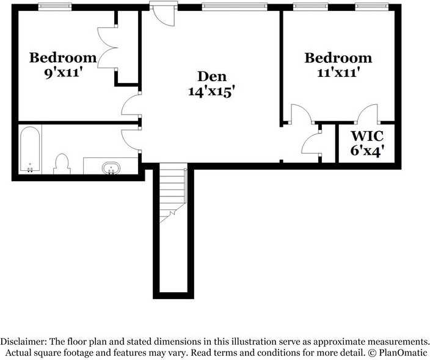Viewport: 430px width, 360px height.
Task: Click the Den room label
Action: tap(212, 76)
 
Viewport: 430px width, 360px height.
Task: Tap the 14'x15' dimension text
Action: tap(212, 92)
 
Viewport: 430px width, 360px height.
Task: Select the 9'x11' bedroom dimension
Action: tap(64, 73)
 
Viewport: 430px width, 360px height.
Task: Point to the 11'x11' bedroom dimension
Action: tap(338, 73)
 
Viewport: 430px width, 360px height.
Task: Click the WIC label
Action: tap(367, 136)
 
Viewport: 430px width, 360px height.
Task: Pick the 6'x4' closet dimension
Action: tap(367, 151)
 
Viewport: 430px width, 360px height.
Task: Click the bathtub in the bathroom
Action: tap(30, 149)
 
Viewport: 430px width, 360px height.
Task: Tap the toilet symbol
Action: tap(62, 164)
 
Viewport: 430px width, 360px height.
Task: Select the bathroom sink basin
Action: tap(111, 168)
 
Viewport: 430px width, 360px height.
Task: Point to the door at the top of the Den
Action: tap(164, 15)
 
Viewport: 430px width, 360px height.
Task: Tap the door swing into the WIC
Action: tap(368, 113)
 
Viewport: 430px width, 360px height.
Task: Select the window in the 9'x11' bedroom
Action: tap(55, 7)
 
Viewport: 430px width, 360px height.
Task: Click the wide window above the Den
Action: tap(235, 7)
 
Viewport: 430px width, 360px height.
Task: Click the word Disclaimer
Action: tap(23, 342)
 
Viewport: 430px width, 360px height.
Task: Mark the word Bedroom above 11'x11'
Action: tap(338, 58)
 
